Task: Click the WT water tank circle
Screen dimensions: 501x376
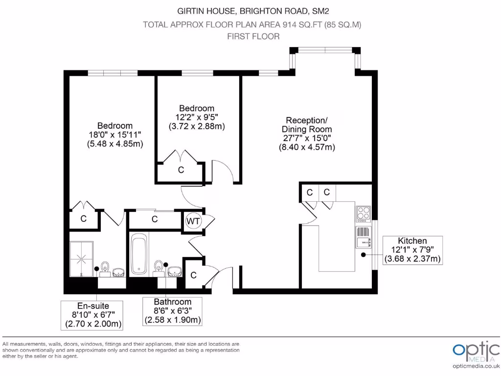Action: (193, 221)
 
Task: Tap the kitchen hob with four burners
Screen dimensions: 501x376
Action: (364, 214)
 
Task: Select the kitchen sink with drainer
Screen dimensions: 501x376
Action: (364, 237)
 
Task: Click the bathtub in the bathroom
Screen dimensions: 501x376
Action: (139, 254)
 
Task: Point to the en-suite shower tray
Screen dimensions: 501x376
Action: (82, 259)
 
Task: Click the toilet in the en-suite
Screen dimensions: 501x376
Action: (105, 269)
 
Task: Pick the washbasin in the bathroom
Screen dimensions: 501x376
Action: (175, 271)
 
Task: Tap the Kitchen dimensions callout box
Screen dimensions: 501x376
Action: (412, 250)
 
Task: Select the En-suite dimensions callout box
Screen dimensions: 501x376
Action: (92, 315)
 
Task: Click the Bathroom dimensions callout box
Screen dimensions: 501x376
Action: (172, 311)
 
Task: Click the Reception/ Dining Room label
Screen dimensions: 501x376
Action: (307, 125)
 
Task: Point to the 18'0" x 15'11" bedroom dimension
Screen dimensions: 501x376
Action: (115, 135)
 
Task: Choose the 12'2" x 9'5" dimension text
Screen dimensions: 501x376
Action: (197, 117)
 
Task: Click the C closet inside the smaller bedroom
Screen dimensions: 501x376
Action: (181, 170)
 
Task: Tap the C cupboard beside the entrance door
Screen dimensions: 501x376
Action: (194, 275)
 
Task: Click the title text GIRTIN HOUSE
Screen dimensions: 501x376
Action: (206, 11)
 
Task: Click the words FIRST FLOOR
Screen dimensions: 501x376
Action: (253, 36)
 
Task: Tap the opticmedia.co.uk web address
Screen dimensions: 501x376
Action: (476, 366)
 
